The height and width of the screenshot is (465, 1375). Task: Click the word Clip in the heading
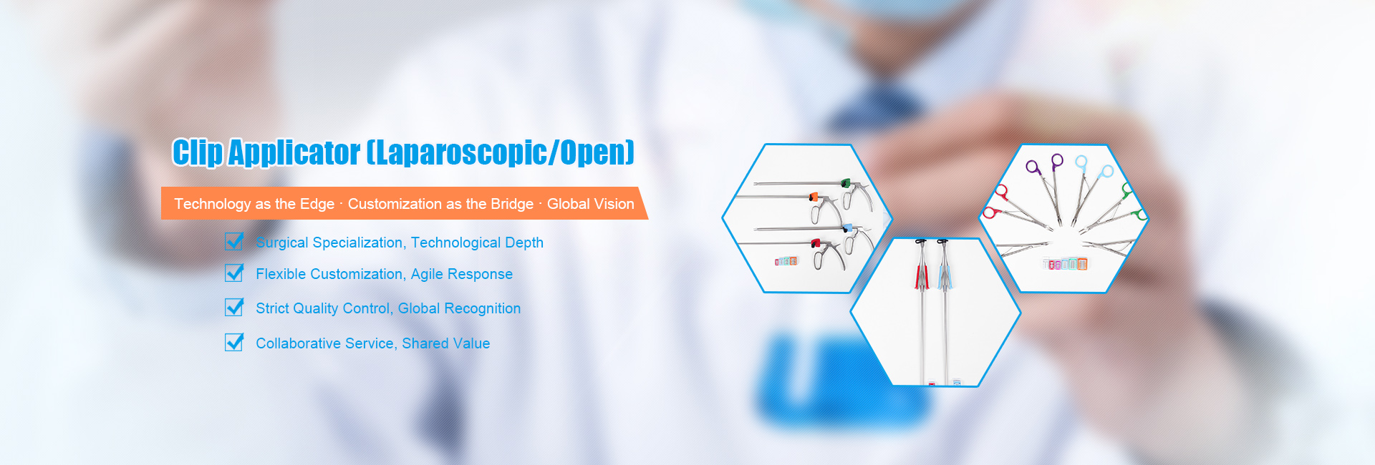(x=197, y=152)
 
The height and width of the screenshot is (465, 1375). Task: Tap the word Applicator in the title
(x=294, y=152)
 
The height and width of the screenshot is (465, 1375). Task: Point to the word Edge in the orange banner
(x=317, y=205)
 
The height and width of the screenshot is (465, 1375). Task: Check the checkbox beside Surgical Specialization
(x=234, y=241)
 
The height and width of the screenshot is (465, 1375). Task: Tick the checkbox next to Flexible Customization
(x=234, y=273)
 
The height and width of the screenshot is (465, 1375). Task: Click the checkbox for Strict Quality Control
(x=234, y=307)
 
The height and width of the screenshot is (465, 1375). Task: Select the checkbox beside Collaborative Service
(x=234, y=342)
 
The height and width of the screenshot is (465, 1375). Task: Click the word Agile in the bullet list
(x=427, y=275)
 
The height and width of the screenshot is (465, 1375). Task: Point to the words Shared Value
(x=446, y=343)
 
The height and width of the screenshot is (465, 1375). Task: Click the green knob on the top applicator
(x=846, y=184)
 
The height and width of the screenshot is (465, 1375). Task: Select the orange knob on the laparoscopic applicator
(x=813, y=196)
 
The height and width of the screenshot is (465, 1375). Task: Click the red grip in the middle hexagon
(x=921, y=275)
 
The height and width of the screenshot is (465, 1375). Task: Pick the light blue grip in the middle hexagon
(x=943, y=276)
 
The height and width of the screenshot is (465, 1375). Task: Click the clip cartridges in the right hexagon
(x=1065, y=264)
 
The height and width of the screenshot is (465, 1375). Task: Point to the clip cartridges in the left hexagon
(x=786, y=261)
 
